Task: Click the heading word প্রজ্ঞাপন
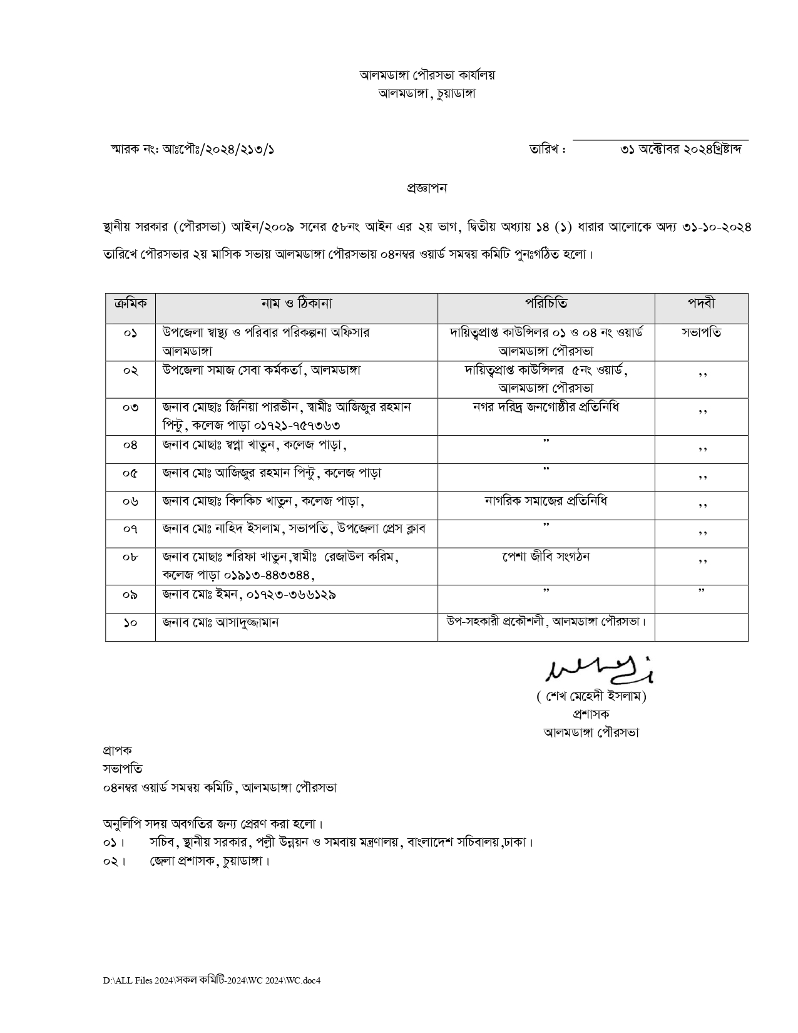427,188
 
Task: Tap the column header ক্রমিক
130,304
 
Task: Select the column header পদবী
701,304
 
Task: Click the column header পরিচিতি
546,304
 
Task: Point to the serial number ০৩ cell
130,408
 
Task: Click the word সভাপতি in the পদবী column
701,332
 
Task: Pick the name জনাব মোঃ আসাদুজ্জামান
220,622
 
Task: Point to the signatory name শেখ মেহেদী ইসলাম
591,696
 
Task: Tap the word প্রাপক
117,750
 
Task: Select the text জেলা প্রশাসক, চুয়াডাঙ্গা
209,861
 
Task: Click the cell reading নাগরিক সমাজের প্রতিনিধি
546,501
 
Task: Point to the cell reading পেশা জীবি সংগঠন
546,556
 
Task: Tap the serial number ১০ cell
130,623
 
